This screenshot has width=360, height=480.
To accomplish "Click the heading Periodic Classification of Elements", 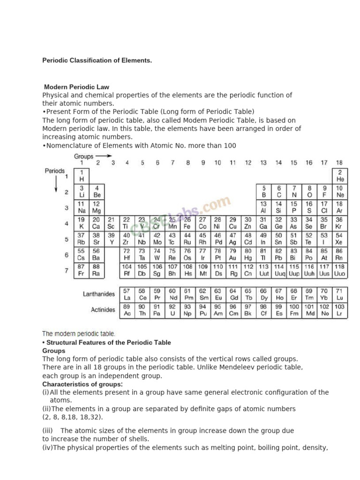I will click(x=97, y=60).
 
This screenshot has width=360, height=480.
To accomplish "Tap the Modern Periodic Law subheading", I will click(x=76, y=87).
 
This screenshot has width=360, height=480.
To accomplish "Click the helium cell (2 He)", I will click(x=340, y=176).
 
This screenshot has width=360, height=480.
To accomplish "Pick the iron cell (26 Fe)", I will click(x=187, y=223).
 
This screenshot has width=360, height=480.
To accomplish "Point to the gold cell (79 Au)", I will click(x=232, y=255).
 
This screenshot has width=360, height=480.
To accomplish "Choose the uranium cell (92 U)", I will click(x=172, y=310).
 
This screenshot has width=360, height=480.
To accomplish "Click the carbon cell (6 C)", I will click(x=278, y=191).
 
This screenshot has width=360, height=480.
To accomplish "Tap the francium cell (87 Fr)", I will click(x=81, y=270).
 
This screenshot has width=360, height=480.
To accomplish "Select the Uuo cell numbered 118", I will click(x=340, y=270).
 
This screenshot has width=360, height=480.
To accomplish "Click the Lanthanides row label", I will click(x=98, y=294).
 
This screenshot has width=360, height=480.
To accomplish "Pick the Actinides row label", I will click(x=103, y=310).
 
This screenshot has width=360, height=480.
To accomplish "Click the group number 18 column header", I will click(x=339, y=163).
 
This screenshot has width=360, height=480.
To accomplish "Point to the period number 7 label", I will click(x=67, y=270).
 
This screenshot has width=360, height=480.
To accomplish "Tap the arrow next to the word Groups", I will click(x=105, y=156).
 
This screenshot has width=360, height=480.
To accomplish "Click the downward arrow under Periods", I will click(x=56, y=183).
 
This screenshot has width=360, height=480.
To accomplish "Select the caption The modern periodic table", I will click(x=79, y=334).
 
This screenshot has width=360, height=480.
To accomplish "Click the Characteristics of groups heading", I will click(x=82, y=384).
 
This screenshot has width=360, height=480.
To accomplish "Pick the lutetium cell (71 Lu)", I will click(x=340, y=294).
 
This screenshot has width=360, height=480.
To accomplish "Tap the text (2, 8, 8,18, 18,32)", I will click(x=73, y=417).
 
